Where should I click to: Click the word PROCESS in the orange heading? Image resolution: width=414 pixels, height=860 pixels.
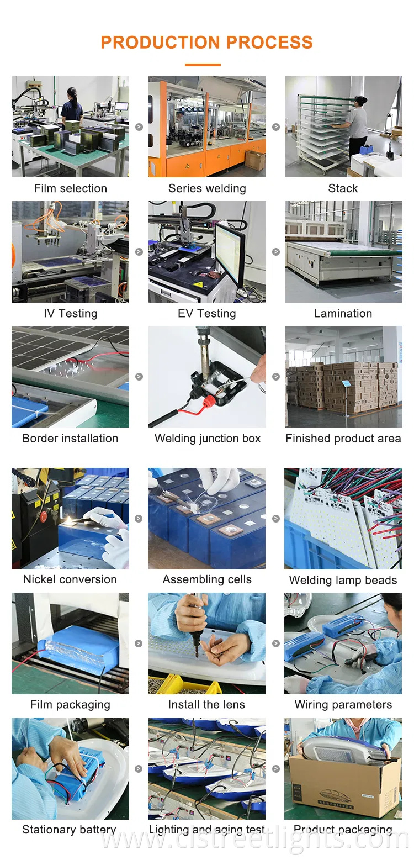point(269,42)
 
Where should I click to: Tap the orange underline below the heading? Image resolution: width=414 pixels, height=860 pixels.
point(203,65)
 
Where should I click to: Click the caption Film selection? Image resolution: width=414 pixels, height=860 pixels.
point(71,188)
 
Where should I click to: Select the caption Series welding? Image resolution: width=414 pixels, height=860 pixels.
point(207,188)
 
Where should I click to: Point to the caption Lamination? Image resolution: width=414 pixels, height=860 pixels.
point(343,313)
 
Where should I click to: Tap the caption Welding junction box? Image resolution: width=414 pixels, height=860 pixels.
point(208,439)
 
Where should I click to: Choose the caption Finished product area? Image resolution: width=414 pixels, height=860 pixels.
point(343,439)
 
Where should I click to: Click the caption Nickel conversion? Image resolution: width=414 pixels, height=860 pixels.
point(70,579)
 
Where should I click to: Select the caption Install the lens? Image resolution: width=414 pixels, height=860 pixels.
point(206,704)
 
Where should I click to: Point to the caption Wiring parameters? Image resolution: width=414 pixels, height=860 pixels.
point(343,704)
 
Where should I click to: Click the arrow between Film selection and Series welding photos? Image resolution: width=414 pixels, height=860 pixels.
point(139,126)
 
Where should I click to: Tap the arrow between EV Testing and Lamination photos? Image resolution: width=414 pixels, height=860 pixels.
point(276,252)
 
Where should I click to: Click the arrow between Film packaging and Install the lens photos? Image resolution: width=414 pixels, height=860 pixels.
point(139,643)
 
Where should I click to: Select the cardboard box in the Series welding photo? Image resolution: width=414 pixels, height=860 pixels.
point(255,160)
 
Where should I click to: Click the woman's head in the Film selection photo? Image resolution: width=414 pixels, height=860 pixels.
point(72,93)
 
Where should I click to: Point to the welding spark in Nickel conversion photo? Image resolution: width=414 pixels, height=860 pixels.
point(70,520)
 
